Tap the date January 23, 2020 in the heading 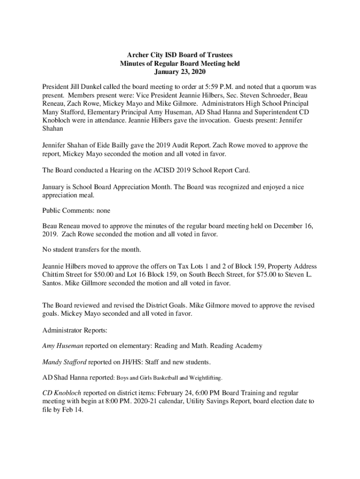point(180,72)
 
